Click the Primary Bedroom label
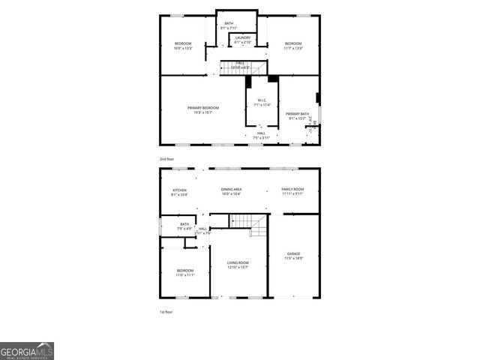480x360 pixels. (203, 109)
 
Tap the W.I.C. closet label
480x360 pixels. (262, 103)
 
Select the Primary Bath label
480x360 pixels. (297, 115)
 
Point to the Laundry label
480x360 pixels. (243, 40)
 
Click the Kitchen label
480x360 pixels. (180, 192)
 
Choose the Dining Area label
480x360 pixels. (231, 192)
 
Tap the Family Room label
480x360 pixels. (292, 191)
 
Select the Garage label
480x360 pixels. (293, 256)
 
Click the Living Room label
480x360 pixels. (238, 265)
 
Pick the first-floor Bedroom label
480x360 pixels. (185, 272)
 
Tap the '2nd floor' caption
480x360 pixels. (166, 159)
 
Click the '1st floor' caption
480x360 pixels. (166, 311)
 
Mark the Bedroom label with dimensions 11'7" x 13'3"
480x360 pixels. (292, 46)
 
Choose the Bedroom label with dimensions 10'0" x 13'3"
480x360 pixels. (184, 46)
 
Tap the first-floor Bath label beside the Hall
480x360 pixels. (184, 226)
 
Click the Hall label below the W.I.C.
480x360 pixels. (261, 136)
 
